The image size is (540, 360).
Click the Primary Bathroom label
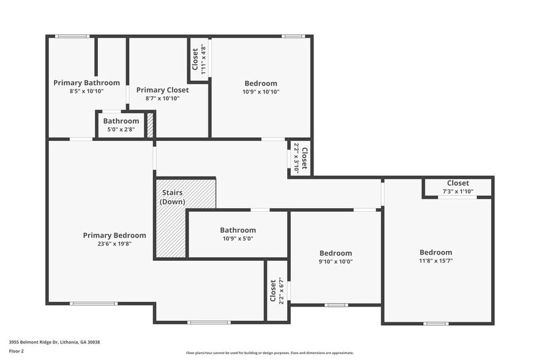click(x=86, y=83)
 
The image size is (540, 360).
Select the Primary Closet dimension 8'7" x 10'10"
click(x=162, y=98)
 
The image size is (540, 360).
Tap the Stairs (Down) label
click(x=172, y=197)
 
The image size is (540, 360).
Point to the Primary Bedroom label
click(x=114, y=235)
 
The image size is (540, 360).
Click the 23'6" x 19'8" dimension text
click(x=114, y=244)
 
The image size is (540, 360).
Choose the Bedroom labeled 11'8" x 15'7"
click(x=435, y=252)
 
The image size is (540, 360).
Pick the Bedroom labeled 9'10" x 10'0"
click(x=336, y=253)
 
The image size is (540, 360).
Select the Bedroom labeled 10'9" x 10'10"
click(x=261, y=83)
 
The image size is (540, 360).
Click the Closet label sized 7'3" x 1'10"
click(x=457, y=183)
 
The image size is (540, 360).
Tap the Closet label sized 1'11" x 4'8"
click(x=195, y=59)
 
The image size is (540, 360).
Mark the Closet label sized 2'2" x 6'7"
click(x=273, y=291)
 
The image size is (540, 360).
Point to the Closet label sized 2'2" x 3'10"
click(x=304, y=158)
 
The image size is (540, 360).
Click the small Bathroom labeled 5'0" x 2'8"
click(x=121, y=121)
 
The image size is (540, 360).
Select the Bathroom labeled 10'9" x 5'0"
click(x=238, y=230)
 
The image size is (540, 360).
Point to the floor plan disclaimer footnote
click(x=269, y=353)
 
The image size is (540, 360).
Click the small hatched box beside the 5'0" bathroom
click(x=150, y=125)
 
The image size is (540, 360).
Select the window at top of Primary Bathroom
click(x=72, y=36)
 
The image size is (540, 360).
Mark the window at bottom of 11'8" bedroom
click(x=436, y=323)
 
